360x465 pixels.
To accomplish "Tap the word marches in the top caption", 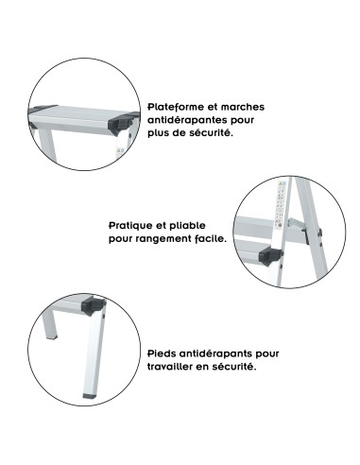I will (x=245, y=109).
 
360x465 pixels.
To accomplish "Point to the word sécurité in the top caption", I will (x=212, y=133).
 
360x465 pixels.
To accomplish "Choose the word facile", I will (x=210, y=240).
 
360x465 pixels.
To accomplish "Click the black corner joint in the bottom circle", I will (x=95, y=304).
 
